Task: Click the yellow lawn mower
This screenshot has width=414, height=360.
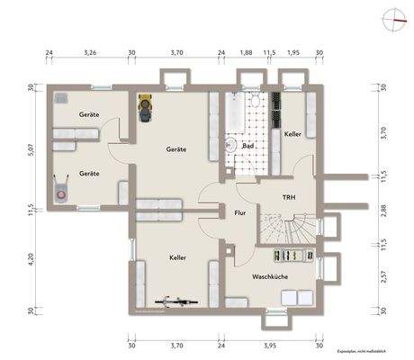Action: click(x=145, y=107)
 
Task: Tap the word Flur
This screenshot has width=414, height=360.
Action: click(x=239, y=213)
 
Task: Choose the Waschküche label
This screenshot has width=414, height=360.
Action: click(x=270, y=277)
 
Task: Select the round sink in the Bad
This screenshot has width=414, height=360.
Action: click(x=229, y=144)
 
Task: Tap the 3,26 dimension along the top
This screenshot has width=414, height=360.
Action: click(x=90, y=53)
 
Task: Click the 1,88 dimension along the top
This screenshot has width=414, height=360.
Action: click(x=246, y=53)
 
